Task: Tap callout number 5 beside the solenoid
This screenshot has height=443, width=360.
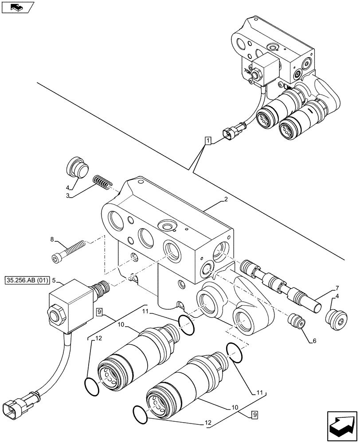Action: click(x=54, y=280)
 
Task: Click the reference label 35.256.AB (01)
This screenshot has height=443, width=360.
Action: click(x=26, y=280)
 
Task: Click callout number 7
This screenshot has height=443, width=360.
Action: click(x=338, y=288)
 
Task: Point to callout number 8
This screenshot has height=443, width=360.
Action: click(x=53, y=240)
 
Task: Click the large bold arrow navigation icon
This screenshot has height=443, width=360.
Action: click(x=342, y=424)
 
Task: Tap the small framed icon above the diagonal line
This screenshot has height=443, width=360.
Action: click(x=17, y=7)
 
